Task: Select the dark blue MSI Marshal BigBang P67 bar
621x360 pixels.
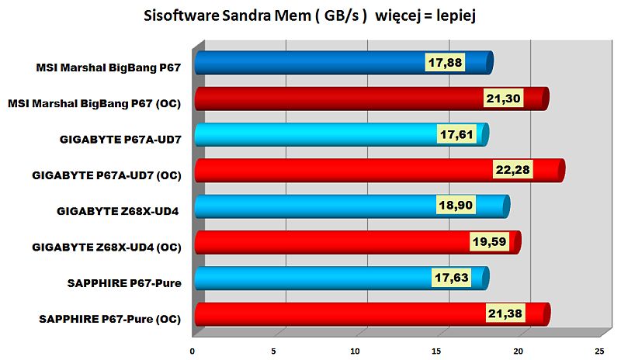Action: pyautogui.click(x=310, y=63)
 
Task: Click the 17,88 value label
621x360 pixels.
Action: pyautogui.click(x=445, y=63)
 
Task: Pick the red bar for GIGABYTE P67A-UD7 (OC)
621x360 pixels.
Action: pyautogui.click(x=342, y=170)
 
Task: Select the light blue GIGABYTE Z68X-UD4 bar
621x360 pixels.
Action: pyautogui.click(x=310, y=206)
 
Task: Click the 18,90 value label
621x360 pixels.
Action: pyautogui.click(x=456, y=206)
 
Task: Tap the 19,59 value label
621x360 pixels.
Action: pyautogui.click(x=491, y=242)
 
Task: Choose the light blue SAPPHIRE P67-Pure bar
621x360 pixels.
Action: pyautogui.click(x=310, y=278)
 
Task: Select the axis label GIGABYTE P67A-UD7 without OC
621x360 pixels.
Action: pyautogui.click(x=120, y=140)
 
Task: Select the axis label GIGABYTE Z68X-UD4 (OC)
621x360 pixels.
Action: pyautogui.click(x=106, y=247)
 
